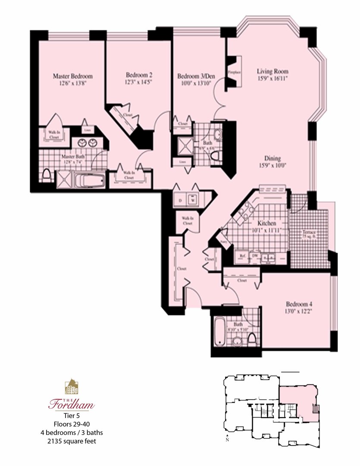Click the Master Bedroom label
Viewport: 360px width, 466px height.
tap(72, 76)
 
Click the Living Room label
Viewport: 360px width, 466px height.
tap(272, 71)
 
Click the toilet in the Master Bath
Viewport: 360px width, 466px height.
tap(47, 176)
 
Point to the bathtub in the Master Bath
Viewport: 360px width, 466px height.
tap(90, 181)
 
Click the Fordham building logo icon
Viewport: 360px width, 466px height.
tap(72, 387)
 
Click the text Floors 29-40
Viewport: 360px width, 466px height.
tap(72, 425)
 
